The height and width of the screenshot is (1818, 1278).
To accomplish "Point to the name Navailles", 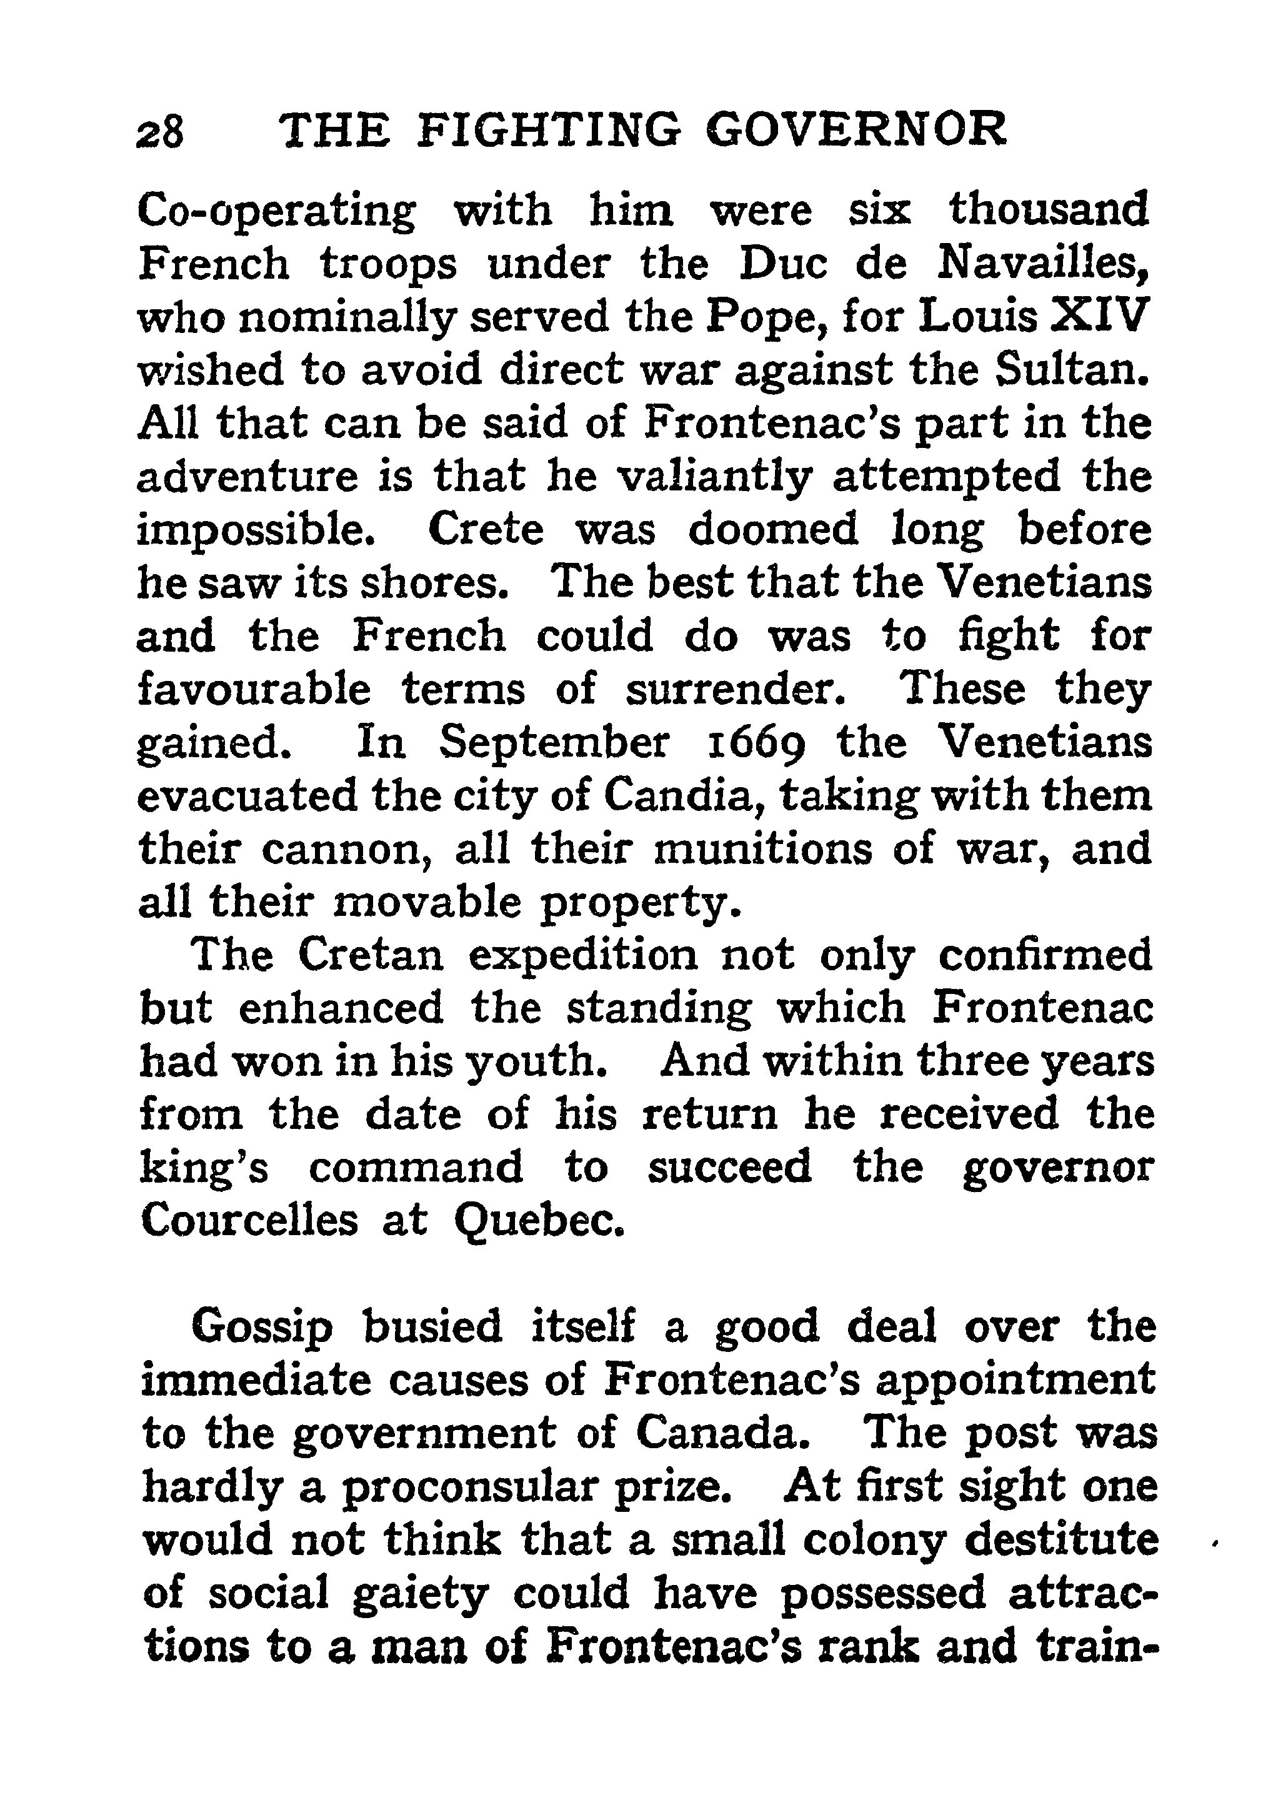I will (x=1043, y=266).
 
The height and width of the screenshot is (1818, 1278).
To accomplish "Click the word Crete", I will (x=486, y=530).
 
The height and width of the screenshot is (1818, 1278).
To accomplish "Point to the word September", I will (x=554, y=743).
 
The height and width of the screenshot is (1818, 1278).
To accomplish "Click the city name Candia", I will (x=676, y=796).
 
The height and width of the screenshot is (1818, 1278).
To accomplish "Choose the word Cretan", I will (x=371, y=956).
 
